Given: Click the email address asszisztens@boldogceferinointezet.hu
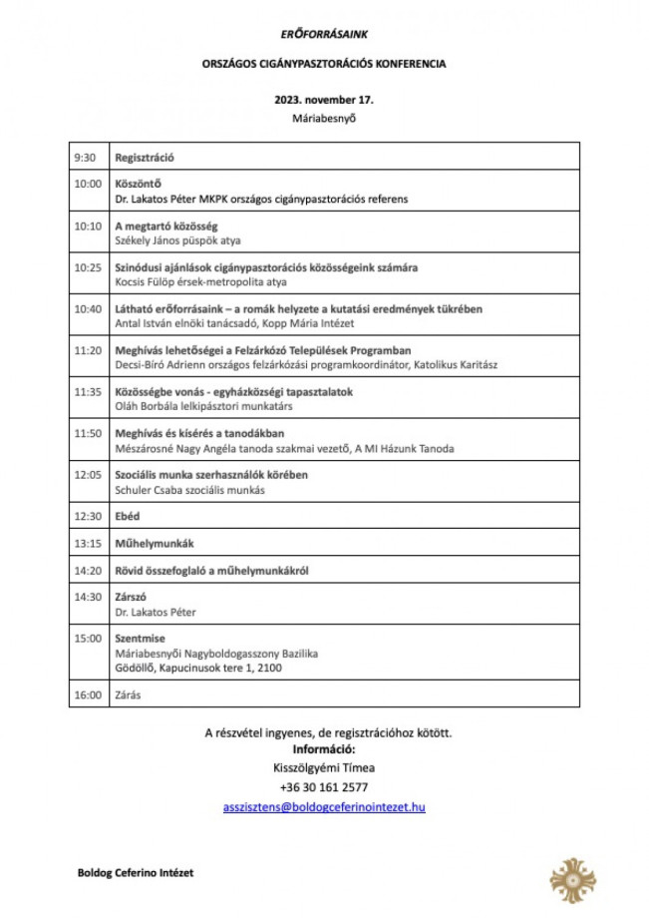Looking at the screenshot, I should (324, 806).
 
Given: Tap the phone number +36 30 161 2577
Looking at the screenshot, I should (324, 787).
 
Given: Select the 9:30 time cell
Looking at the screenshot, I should (85, 158).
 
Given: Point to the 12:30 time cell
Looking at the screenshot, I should (88, 516).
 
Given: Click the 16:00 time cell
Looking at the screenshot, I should (88, 694).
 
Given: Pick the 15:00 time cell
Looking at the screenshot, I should (88, 638).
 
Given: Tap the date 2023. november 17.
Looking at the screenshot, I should (324, 100).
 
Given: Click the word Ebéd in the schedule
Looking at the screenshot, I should (127, 516).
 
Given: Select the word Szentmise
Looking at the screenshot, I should (140, 638).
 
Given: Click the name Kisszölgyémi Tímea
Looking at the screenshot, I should (324, 768).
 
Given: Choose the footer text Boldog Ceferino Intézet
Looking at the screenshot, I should (136, 872).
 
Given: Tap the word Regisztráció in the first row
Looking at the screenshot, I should (146, 158).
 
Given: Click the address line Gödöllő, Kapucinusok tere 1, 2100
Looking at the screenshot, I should (198, 668).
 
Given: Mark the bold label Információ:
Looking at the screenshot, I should (324, 749).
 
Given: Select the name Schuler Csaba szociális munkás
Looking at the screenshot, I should (189, 490).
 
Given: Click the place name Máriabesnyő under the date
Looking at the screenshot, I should (324, 119).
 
